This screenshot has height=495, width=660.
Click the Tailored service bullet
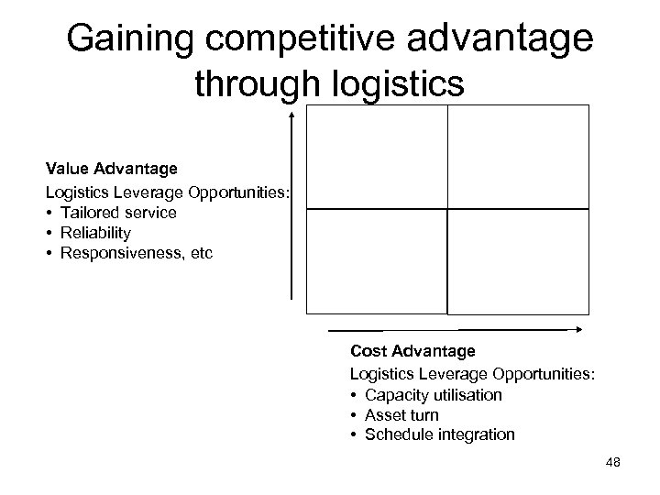(118, 213)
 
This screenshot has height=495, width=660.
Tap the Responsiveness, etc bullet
(136, 252)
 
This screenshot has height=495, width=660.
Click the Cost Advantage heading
(412, 351)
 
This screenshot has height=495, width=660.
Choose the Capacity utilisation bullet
(433, 395)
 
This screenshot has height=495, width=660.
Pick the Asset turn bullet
(401, 415)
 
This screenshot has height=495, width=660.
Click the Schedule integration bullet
(439, 434)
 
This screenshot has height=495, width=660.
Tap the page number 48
(613, 463)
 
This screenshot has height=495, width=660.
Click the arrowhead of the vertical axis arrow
(291, 115)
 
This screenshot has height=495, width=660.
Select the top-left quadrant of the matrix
(377, 157)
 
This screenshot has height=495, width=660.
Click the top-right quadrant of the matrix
(518, 157)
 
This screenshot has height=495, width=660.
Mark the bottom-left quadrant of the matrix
(377, 262)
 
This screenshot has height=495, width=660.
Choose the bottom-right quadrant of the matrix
(518, 262)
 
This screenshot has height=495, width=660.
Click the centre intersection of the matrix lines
(447, 209)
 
